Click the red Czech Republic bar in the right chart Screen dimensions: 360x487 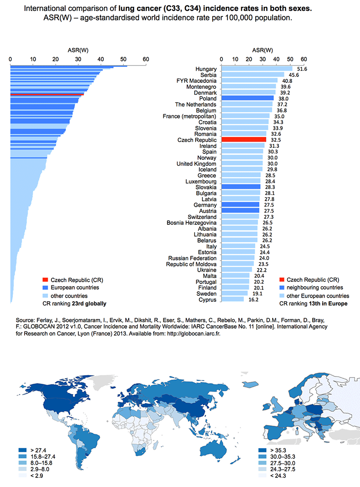coord(244,140)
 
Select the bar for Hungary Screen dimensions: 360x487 coord(257,69)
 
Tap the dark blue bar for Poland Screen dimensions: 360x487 coord(248,98)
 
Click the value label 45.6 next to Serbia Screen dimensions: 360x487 coord(294,75)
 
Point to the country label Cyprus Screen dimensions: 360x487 coord(208,300)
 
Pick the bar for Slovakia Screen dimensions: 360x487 coord(241,187)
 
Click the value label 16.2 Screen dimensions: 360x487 coord(254,300)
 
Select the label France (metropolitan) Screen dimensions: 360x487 coord(189,117)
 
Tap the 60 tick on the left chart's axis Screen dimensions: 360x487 coord(146,59)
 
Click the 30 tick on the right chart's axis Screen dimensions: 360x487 coord(263,59)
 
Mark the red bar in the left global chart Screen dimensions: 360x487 coord(47,94)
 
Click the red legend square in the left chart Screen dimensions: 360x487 coord(46,280)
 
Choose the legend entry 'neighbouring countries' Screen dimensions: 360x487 coord(311,288)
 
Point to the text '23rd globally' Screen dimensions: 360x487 coord(89,304)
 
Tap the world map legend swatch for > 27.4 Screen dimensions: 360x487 coord(22,450)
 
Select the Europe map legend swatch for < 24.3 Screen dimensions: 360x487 coord(262,476)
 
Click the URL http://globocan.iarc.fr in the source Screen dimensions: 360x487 coord(193,334)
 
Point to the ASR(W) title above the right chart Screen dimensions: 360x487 coord(263,51)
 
